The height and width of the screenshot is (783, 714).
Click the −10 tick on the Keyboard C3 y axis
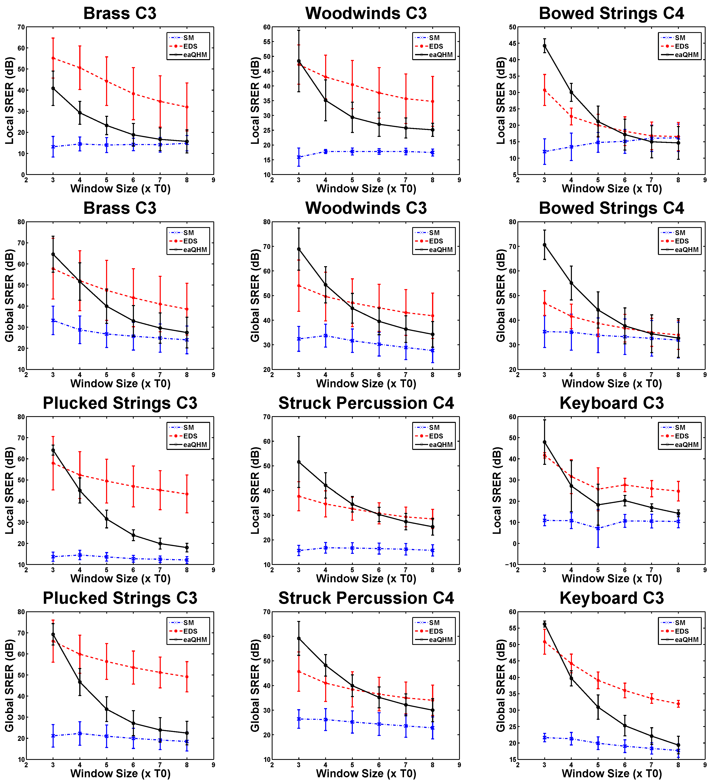[510, 565]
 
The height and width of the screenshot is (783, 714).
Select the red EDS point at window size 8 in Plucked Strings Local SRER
[187, 494]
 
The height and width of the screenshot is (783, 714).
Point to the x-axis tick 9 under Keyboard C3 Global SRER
[705, 765]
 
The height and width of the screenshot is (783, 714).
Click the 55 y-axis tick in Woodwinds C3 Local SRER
[267, 42]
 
